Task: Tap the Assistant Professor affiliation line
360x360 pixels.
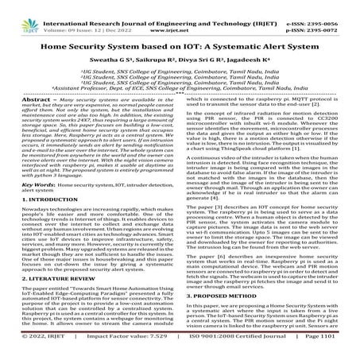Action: coord(180,83)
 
